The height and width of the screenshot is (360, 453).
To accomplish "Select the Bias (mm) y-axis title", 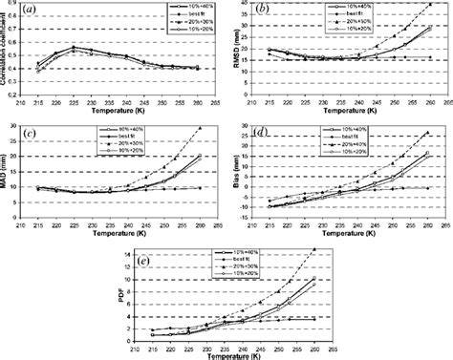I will point(234,172).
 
